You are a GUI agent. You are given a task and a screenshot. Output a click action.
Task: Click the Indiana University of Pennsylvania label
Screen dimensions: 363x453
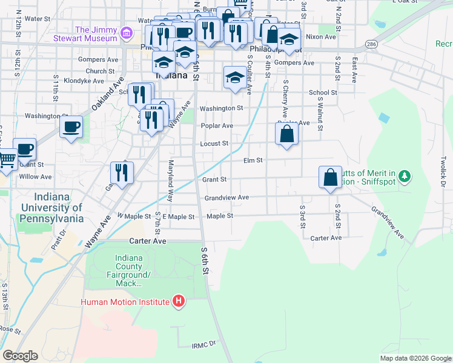(x=50, y=208)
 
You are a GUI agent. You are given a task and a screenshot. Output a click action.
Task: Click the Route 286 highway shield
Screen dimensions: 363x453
(x=371, y=45)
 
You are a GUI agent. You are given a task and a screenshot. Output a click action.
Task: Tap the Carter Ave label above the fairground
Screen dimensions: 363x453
(x=147, y=240)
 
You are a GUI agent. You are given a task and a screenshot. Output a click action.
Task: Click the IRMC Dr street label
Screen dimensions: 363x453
(x=203, y=345)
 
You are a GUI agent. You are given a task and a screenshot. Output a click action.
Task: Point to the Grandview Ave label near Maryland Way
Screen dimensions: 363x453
(x=226, y=198)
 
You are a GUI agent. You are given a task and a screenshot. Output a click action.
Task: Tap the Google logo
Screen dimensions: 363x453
(x=20, y=355)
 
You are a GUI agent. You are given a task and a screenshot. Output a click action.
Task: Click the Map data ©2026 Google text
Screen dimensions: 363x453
(x=415, y=358)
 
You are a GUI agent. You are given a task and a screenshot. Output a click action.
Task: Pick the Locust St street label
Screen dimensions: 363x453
(x=214, y=144)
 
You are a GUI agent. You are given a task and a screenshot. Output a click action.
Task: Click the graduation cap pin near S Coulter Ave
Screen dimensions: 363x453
(x=235, y=77)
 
